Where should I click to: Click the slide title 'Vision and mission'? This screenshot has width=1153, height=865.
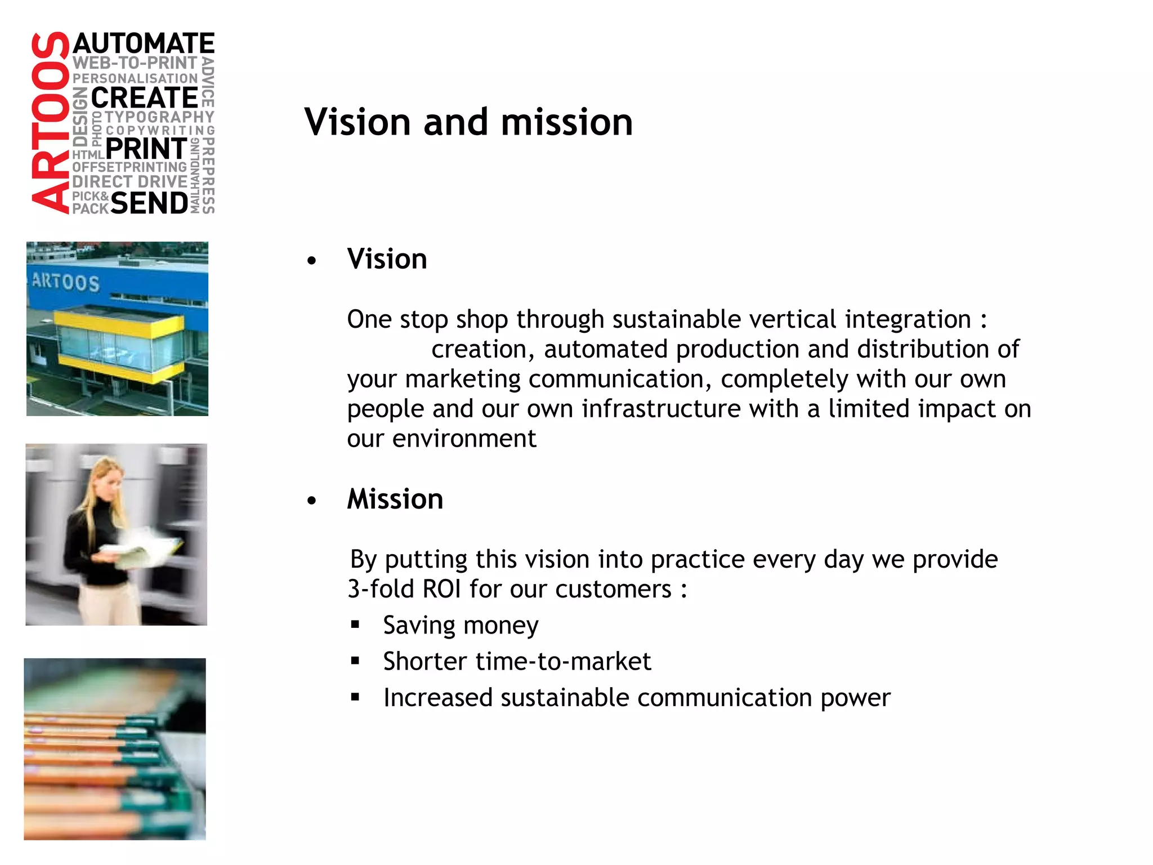click(468, 122)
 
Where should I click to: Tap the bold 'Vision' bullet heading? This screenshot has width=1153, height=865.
click(387, 260)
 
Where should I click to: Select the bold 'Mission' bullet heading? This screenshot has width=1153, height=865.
click(395, 500)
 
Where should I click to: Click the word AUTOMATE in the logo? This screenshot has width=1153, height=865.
click(144, 44)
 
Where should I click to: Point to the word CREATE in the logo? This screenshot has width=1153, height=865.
click(144, 98)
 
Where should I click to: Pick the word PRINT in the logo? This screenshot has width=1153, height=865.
click(146, 149)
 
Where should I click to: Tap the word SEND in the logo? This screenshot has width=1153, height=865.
click(149, 203)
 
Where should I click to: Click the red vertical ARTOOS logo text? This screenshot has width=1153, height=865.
click(50, 123)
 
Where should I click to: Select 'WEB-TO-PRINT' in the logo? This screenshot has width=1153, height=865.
click(135, 63)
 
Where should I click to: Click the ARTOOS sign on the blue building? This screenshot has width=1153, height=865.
click(65, 282)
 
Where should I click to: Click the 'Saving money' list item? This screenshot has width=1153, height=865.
click(461, 626)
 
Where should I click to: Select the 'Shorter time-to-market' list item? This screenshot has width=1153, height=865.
click(517, 662)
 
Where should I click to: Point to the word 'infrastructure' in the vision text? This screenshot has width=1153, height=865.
click(661, 409)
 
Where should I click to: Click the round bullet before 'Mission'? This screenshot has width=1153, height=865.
click(312, 501)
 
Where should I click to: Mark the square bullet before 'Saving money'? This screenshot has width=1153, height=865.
click(355, 625)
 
